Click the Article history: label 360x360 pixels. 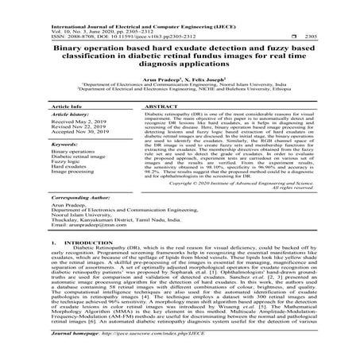pyautogui.click(x=67, y=116)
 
